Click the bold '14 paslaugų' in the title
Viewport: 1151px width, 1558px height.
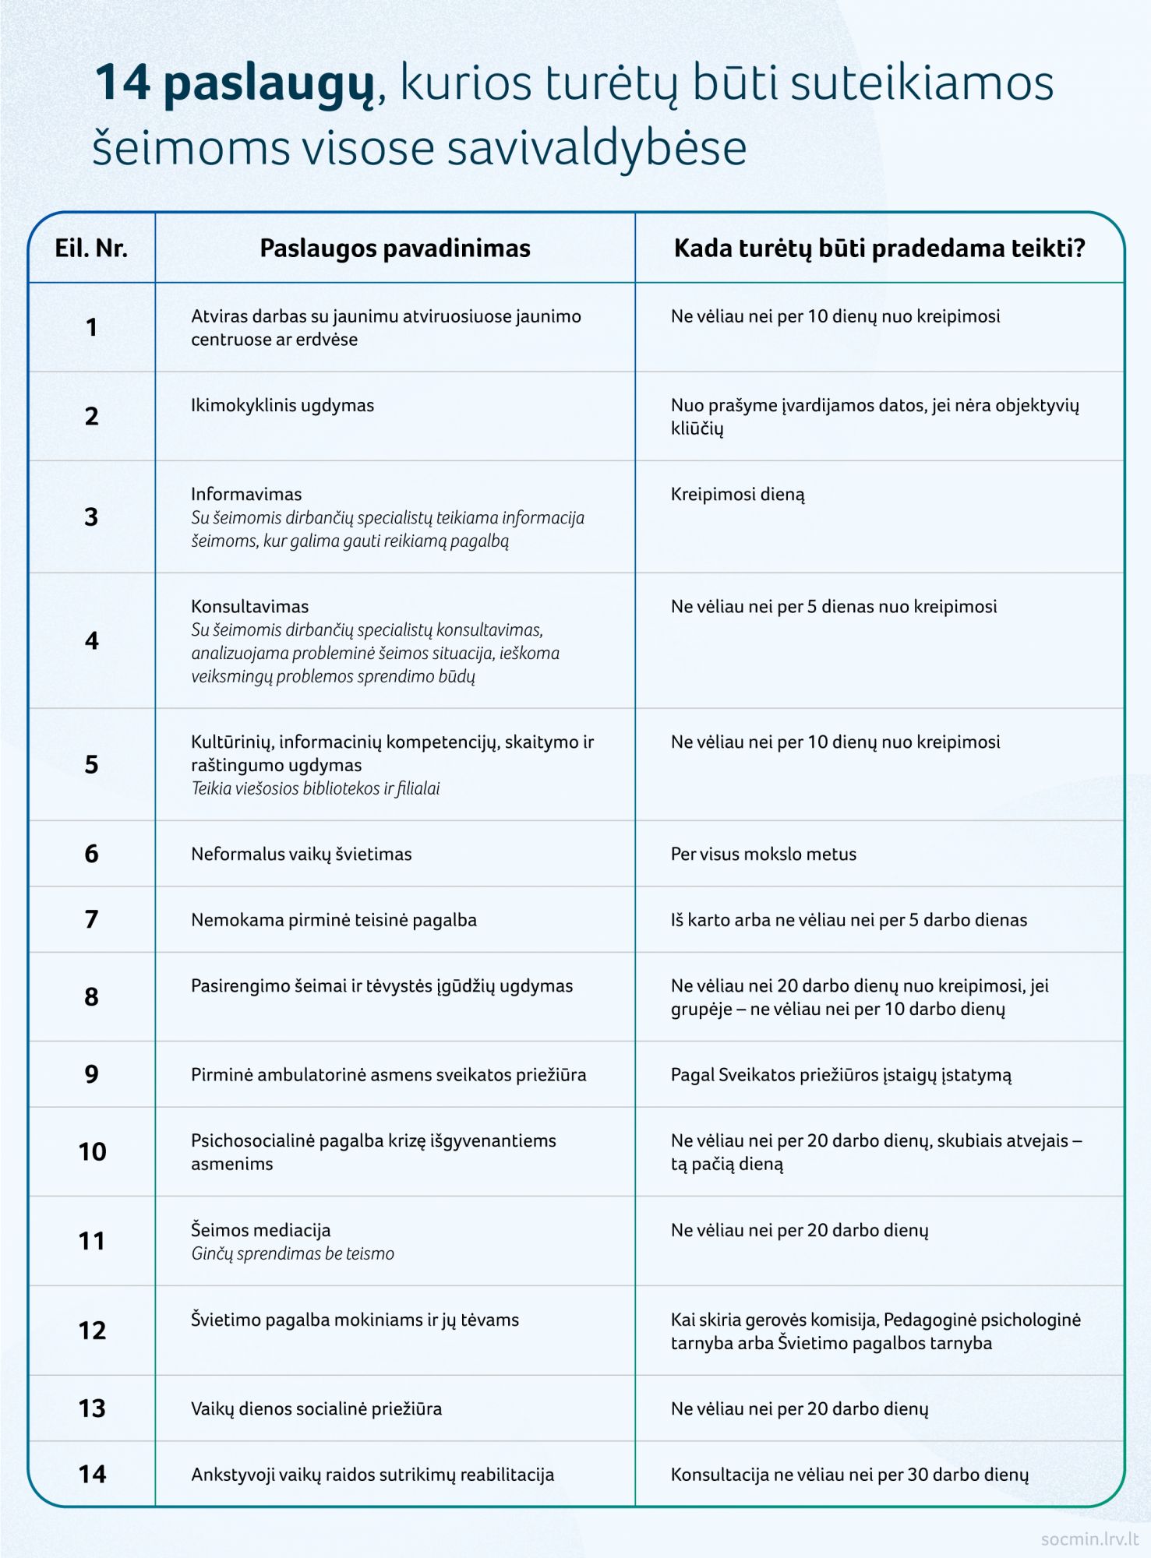pyautogui.click(x=234, y=83)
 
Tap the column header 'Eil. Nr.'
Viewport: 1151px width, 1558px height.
pyautogui.click(x=91, y=249)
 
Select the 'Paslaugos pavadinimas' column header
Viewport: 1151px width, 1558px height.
pyautogui.click(x=394, y=249)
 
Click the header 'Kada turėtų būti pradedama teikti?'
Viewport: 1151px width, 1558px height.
pyautogui.click(x=879, y=249)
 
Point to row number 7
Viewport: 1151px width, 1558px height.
pyautogui.click(x=91, y=919)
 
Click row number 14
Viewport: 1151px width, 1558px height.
pyautogui.click(x=92, y=1474)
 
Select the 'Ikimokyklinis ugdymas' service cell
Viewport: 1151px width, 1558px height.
pyautogui.click(x=282, y=405)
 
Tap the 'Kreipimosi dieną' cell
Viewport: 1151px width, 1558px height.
pyautogui.click(x=737, y=495)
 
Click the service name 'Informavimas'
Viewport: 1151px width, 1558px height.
pyautogui.click(x=246, y=494)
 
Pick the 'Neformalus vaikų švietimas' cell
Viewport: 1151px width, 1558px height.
pyautogui.click(x=301, y=854)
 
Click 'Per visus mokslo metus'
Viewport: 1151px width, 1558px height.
pyautogui.click(x=763, y=854)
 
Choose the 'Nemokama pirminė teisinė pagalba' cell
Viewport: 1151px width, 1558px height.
pyautogui.click(x=334, y=920)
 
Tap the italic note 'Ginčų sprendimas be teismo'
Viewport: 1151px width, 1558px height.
pyautogui.click(x=292, y=1253)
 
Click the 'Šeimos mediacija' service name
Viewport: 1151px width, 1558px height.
pyautogui.click(x=260, y=1230)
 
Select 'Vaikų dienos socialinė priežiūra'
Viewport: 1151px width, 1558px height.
pyautogui.click(x=316, y=1408)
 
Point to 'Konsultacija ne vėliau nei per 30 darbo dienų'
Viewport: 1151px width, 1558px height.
pyautogui.click(x=849, y=1475)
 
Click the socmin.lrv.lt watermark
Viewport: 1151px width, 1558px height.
pyautogui.click(x=1089, y=1539)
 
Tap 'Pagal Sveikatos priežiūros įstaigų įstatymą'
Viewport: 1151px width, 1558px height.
pyautogui.click(x=841, y=1075)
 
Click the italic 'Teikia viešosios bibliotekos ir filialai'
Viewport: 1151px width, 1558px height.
pyautogui.click(x=315, y=788)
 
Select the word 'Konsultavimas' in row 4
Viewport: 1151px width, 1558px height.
pyautogui.click(x=249, y=606)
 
